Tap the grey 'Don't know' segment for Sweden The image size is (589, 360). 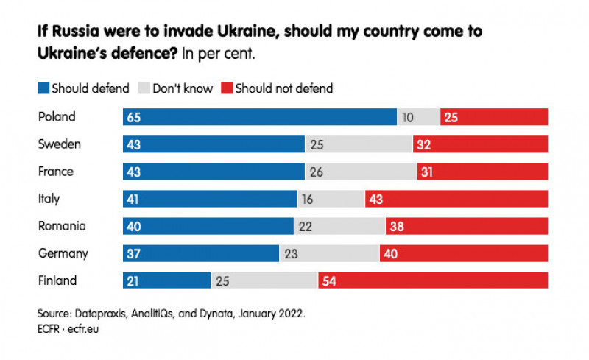[x=359, y=144]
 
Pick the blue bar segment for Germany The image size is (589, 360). [x=200, y=253]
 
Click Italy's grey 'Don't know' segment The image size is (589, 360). [x=331, y=199]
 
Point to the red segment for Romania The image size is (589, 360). [x=466, y=226]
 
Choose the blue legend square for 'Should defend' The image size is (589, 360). [x=43, y=89]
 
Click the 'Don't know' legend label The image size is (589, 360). [x=183, y=89]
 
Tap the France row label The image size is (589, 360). [x=56, y=172]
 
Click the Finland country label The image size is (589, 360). [x=57, y=280]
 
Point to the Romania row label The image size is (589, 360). [x=62, y=226]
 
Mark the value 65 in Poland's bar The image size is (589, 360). [x=134, y=117]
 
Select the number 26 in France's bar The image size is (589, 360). [x=317, y=172]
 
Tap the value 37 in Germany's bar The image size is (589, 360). [x=134, y=253]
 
